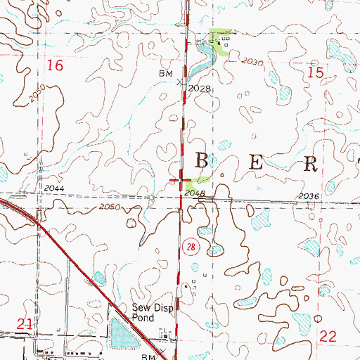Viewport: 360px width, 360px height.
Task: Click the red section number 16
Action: coord(54,66)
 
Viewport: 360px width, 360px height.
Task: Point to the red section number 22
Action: coord(328,337)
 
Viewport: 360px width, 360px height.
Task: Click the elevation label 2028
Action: coord(200,88)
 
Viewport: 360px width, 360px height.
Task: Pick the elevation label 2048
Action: coord(195,192)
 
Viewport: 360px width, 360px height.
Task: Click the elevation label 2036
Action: coord(308,196)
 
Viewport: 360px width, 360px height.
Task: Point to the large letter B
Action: coord(201,161)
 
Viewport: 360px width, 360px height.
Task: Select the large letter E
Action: coord(256,162)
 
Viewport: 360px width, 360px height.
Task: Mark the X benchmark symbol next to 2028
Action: coord(179,82)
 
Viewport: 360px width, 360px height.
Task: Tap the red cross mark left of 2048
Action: coord(176,181)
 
